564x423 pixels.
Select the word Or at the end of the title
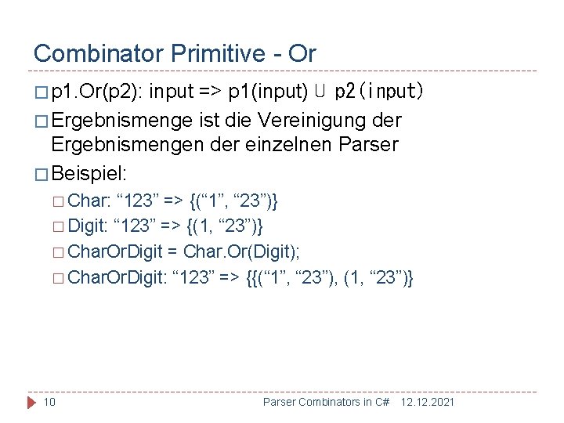click(x=302, y=53)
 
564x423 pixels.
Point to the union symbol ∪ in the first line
click(x=320, y=92)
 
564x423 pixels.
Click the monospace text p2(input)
click(x=379, y=92)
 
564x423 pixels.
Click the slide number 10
click(x=49, y=402)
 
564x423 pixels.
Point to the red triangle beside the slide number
click(x=32, y=402)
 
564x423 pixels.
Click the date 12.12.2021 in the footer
click(x=428, y=402)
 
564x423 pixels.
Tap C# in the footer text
click(x=381, y=402)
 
